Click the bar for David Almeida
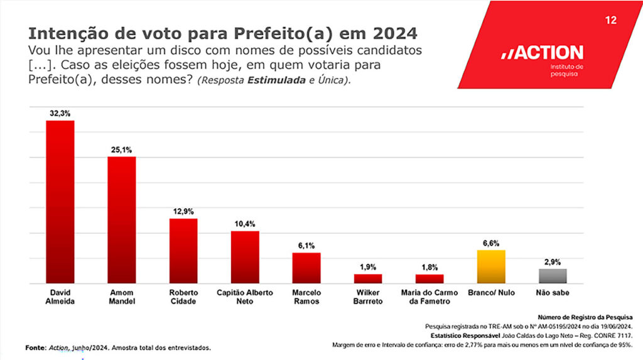pyautogui.click(x=60, y=202)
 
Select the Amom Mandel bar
pyautogui.click(x=122, y=220)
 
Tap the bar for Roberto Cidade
pyautogui.click(x=183, y=251)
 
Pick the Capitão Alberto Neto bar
pyautogui.click(x=245, y=257)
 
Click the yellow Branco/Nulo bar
pyautogui.click(x=491, y=266)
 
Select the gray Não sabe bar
pyautogui.click(x=553, y=276)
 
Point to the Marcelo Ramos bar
pyautogui.click(x=306, y=268)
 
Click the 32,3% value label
pyautogui.click(x=60, y=113)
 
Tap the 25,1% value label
pyautogui.click(x=122, y=150)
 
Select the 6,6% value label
pyautogui.click(x=491, y=243)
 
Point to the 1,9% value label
pyautogui.click(x=368, y=267)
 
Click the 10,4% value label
pyautogui.click(x=245, y=224)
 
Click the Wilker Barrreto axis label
pyautogui.click(x=368, y=297)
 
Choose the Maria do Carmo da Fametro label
pyautogui.click(x=430, y=297)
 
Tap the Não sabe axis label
pyautogui.click(x=553, y=293)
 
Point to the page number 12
pyautogui.click(x=610, y=21)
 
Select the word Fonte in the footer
pyautogui.click(x=36, y=347)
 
